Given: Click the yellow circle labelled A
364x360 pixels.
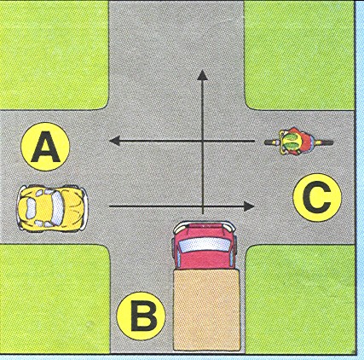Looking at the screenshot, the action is coord(45,147).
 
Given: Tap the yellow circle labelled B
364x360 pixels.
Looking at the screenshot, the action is coord(142,316).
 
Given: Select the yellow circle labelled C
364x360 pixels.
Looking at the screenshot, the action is coord(317,198).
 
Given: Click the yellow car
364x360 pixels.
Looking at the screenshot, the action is coord(52,208).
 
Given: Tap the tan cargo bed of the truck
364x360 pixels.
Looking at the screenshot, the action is coord(206,311).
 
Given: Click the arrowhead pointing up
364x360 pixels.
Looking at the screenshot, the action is coord(202,76).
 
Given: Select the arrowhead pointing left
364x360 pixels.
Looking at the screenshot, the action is coord(115,141).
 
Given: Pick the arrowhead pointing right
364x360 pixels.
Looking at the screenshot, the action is coord(248,206).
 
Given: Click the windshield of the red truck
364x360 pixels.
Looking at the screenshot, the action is coord(205,245).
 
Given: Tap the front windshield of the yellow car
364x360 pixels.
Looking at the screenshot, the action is coord(57,207).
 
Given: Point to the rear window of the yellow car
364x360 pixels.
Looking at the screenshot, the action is coord(30,208).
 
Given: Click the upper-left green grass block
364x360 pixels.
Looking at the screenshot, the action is coord(54,55).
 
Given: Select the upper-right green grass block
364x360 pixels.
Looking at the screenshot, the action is coord(299,55).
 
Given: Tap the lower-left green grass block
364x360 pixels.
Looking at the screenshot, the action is coord(55,299).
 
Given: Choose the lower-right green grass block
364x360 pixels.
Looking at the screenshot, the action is coord(300,299).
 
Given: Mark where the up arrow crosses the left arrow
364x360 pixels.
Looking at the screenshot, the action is coord(202,141).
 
